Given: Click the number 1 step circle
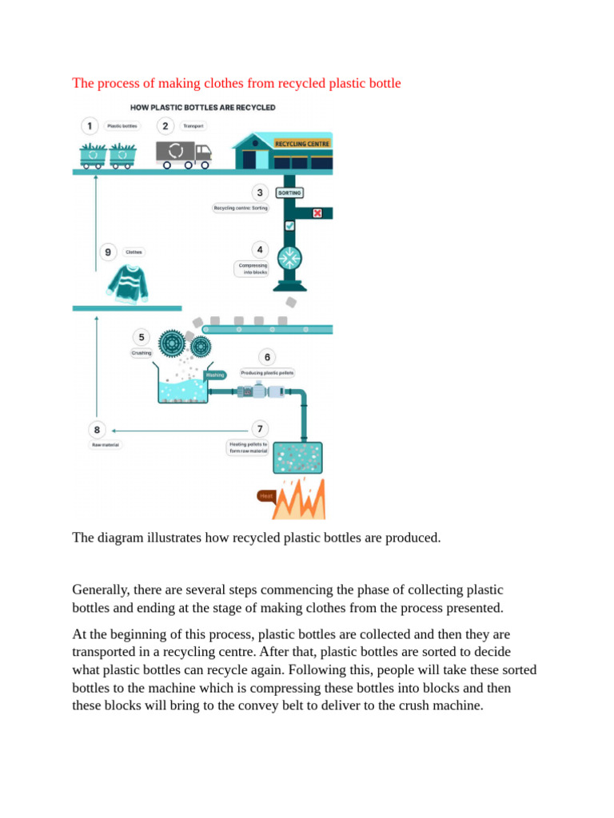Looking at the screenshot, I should pyautogui.click(x=91, y=125).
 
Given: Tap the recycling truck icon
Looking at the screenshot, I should pyautogui.click(x=184, y=153).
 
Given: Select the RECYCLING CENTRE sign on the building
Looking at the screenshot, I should pyautogui.click(x=301, y=144).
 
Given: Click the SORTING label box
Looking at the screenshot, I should pyautogui.click(x=289, y=193).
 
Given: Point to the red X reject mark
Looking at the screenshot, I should pyautogui.click(x=317, y=213).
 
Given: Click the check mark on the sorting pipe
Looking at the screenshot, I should pyautogui.click(x=289, y=226).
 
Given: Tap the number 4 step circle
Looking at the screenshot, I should pyautogui.click(x=259, y=249).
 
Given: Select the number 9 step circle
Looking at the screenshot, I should pyautogui.click(x=108, y=252).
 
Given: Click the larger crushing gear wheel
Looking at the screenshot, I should pyautogui.click(x=171, y=343).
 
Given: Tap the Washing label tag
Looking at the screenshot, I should pyautogui.click(x=216, y=375).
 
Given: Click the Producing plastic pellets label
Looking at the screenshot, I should pyautogui.click(x=267, y=372).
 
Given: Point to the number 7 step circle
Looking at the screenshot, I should pyautogui.click(x=259, y=428).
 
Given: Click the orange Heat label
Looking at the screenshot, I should pyautogui.click(x=266, y=495).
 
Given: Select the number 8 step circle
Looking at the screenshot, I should pyautogui.click(x=98, y=428).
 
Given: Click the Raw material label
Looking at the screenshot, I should pyautogui.click(x=105, y=444).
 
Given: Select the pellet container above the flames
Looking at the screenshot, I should pyautogui.click(x=297, y=459).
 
